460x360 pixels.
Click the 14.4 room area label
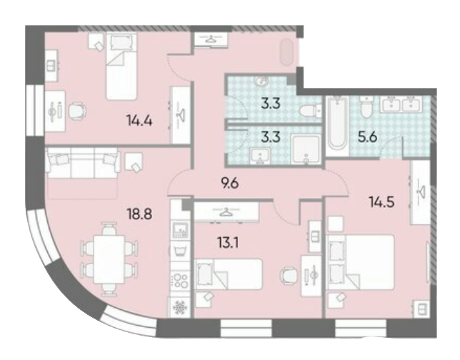click(x=139, y=120)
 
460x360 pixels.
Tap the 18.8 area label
click(x=139, y=214)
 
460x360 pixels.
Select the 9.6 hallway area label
click(x=230, y=184)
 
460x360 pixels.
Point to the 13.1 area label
click(x=228, y=243)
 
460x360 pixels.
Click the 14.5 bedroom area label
click(x=381, y=202)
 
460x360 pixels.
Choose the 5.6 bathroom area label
click(x=367, y=137)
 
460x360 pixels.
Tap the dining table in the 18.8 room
click(x=109, y=259)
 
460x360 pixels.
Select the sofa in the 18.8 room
click(x=84, y=163)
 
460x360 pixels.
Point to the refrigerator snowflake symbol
click(x=179, y=307)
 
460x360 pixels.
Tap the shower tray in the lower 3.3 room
click(x=306, y=149)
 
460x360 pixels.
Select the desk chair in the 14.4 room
click(x=77, y=111)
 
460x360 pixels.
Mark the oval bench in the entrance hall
click(x=286, y=53)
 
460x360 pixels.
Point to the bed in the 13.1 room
click(x=229, y=274)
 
